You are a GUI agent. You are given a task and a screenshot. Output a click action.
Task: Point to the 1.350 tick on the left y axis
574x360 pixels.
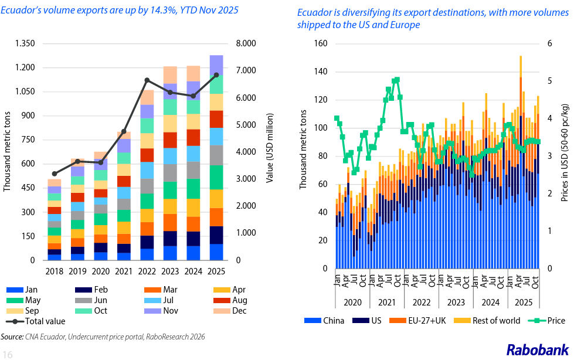(25, 43)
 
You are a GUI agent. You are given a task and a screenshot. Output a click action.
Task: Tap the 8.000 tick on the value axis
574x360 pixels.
(245, 43)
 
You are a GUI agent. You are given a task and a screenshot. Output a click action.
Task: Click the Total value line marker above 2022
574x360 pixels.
(147, 80)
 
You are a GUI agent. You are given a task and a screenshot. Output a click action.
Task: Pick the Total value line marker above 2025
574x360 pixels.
(216, 75)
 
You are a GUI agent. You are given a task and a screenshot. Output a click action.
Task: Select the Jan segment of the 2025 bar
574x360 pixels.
(216, 252)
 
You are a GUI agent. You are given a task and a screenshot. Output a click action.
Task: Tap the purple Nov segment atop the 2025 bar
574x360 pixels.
(216, 65)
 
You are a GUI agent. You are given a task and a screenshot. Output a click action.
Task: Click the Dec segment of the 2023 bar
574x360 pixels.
(170, 75)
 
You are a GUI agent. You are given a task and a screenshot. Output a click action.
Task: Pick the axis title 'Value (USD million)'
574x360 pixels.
(270, 151)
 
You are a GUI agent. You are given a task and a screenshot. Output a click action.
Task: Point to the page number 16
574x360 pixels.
(8, 353)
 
